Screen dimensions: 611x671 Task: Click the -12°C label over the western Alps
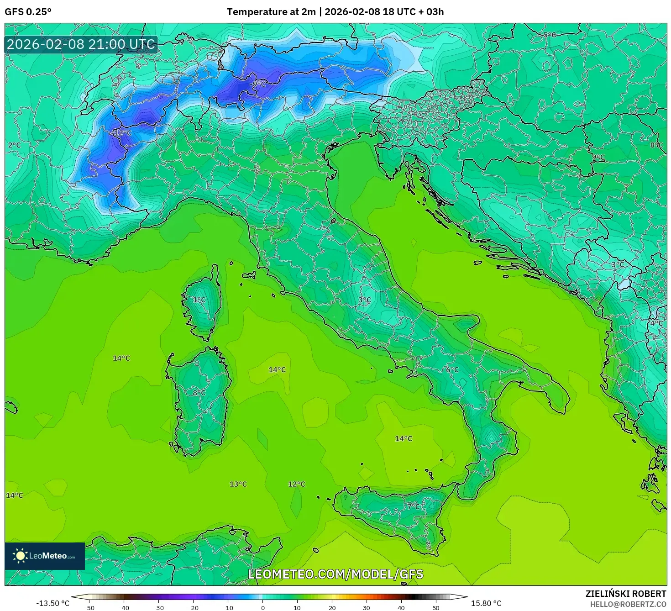(121, 133)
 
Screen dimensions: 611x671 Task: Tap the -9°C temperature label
(257, 84)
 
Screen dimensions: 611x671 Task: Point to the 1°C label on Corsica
(199, 300)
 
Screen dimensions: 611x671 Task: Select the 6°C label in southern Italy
(452, 369)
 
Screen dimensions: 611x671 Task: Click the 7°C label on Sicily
(413, 506)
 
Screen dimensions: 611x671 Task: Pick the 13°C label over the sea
(238, 484)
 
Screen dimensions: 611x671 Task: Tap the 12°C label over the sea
(296, 484)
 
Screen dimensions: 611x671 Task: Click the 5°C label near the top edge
(550, 35)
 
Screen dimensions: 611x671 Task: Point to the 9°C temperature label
(598, 157)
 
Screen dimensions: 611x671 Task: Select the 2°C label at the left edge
(14, 145)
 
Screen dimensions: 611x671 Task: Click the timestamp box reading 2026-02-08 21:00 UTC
(81, 44)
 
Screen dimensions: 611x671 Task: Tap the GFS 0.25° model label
(28, 12)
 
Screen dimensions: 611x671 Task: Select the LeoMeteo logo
(45, 556)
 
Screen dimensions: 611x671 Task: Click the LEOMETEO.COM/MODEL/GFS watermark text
(335, 574)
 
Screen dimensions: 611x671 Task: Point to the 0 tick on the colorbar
(262, 607)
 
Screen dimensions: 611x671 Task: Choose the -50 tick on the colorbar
(89, 607)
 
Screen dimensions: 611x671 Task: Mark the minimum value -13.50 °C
(52, 603)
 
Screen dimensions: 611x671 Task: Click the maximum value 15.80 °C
(486, 603)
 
